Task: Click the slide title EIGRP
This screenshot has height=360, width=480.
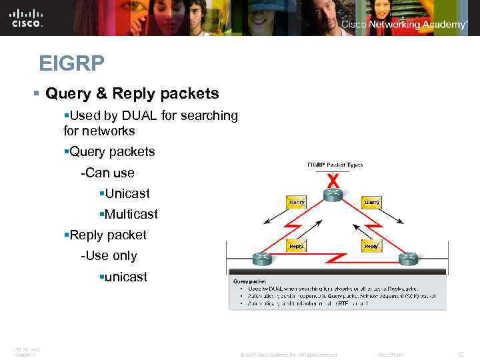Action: pos(71,64)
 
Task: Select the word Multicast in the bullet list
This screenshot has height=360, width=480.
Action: pos(131,214)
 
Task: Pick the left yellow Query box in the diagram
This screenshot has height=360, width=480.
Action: pos(296,201)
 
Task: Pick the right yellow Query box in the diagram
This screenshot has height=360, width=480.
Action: pos(371,201)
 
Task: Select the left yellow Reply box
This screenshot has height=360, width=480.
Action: pos(296,246)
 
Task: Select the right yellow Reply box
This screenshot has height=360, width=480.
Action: pos(371,246)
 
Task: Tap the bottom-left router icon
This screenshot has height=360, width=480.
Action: pos(261,259)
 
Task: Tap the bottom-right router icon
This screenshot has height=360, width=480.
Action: pos(408,259)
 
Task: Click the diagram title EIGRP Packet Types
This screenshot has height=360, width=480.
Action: pos(335,165)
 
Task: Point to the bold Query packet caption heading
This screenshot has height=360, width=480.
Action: pos(249,281)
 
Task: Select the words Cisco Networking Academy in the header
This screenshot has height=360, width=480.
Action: pos(404,25)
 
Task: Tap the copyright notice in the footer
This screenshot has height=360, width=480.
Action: pos(289,354)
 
